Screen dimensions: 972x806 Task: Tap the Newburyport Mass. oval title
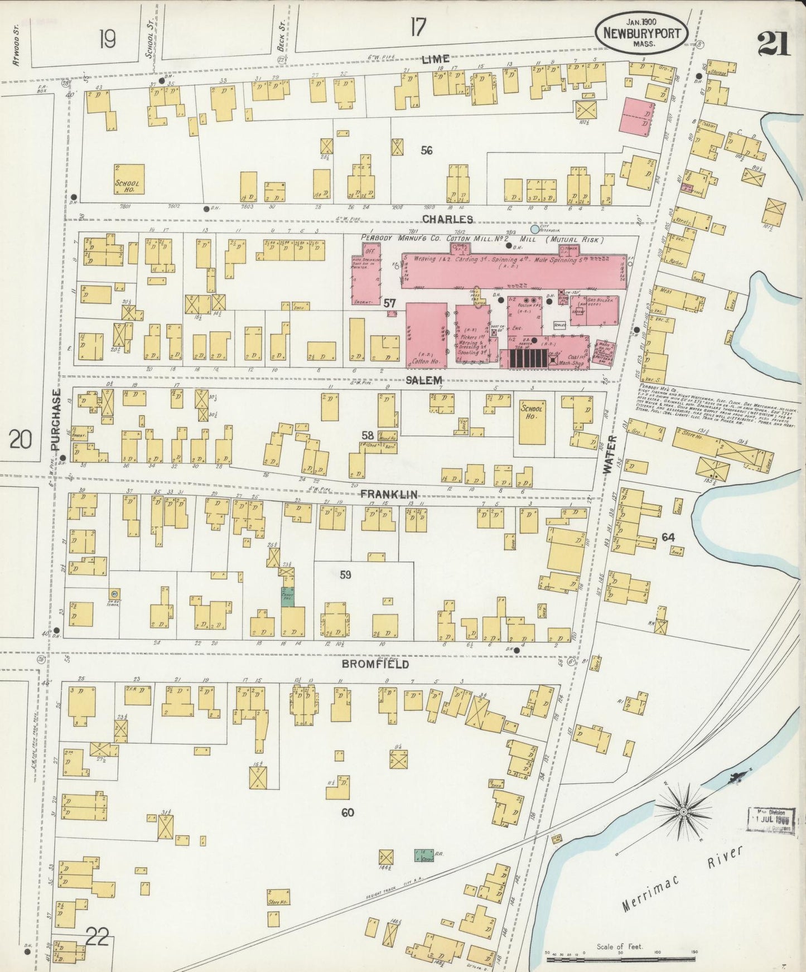640,33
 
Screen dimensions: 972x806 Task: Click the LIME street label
436,59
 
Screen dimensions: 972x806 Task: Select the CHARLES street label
447,219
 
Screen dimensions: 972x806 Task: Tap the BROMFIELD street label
375,664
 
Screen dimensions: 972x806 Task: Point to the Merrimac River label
683,881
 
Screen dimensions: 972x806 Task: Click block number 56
427,150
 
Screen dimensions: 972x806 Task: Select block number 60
348,813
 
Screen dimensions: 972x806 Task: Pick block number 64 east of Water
668,537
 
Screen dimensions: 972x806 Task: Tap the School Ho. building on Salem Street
531,422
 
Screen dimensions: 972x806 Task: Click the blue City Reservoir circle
535,229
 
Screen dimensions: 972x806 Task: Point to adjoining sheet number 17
417,26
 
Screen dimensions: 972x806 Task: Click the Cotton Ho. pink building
426,335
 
